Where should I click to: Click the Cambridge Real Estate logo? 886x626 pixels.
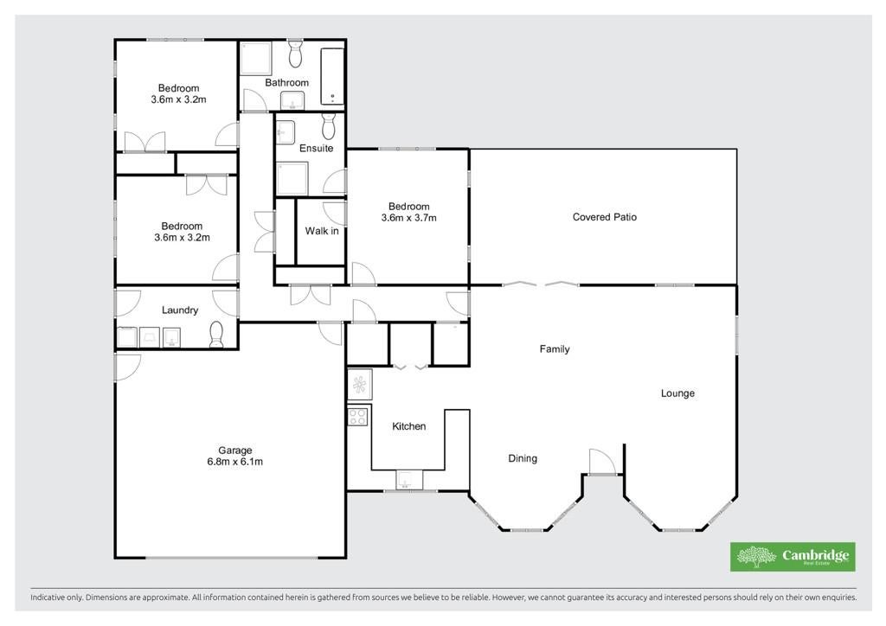click(x=793, y=557)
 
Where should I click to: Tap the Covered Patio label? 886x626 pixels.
click(x=605, y=217)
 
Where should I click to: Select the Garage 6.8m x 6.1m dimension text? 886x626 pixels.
click(x=235, y=462)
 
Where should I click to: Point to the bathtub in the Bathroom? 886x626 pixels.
click(x=332, y=76)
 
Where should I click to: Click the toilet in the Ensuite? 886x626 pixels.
click(x=329, y=126)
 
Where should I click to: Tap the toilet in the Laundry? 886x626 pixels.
click(x=216, y=335)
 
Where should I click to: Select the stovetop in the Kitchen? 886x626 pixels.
click(x=357, y=417)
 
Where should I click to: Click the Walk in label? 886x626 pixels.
click(x=322, y=231)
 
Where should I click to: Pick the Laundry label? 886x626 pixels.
click(x=180, y=310)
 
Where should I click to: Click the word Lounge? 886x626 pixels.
click(x=677, y=393)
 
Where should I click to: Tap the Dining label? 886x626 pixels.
click(x=523, y=458)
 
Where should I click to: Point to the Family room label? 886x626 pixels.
click(x=555, y=348)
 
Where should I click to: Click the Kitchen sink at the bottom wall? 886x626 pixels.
click(x=409, y=480)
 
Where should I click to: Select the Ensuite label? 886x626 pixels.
click(x=316, y=149)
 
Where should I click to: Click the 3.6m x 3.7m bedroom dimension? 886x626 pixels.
click(x=409, y=218)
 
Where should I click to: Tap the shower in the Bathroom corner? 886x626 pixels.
click(x=256, y=58)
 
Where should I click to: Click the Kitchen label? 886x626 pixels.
click(x=409, y=426)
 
